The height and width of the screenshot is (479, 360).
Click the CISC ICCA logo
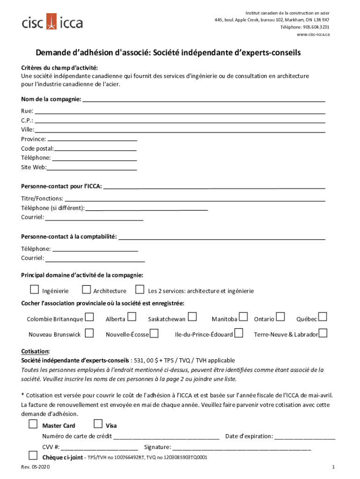click(x=52, y=22)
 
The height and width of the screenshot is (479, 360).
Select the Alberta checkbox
click(x=132, y=318)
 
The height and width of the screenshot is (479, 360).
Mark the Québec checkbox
click(x=323, y=318)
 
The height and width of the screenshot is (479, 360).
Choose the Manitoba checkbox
click(x=243, y=318)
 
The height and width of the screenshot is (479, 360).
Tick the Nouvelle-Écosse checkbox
click(x=154, y=333)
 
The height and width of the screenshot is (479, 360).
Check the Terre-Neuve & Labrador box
click(x=323, y=333)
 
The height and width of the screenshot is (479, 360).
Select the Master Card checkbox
click(x=33, y=424)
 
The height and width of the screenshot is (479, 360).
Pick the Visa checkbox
click(x=98, y=424)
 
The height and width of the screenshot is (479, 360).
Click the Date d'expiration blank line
click(x=305, y=437)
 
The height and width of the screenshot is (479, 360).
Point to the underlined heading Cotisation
click(x=36, y=352)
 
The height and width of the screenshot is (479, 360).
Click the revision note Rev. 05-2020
click(x=36, y=467)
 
